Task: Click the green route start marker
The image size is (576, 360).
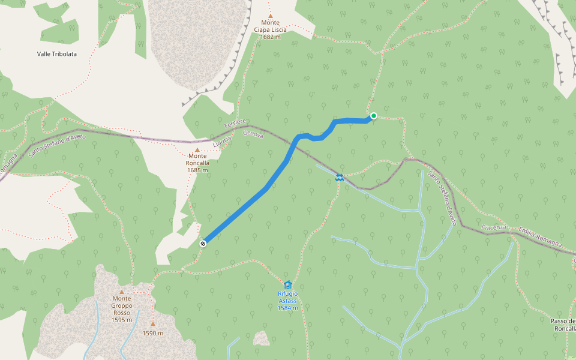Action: point(373,116)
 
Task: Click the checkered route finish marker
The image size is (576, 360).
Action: point(203,243)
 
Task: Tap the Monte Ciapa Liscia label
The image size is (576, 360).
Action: point(270,26)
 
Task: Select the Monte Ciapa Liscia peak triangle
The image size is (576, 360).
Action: point(271,16)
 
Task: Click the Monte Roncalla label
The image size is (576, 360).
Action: point(197,159)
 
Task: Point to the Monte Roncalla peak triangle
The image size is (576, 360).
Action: point(197,150)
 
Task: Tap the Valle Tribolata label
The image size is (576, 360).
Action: point(57,53)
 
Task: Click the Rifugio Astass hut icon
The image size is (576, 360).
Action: point(287,284)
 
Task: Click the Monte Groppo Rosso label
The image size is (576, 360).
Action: point(121,305)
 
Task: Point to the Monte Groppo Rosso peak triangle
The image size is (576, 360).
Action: point(121,292)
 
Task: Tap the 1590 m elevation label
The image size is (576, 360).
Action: point(152,333)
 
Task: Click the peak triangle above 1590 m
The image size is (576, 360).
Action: point(152,324)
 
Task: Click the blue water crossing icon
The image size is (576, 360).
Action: point(340,177)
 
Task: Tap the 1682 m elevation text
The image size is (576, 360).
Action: point(270,37)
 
